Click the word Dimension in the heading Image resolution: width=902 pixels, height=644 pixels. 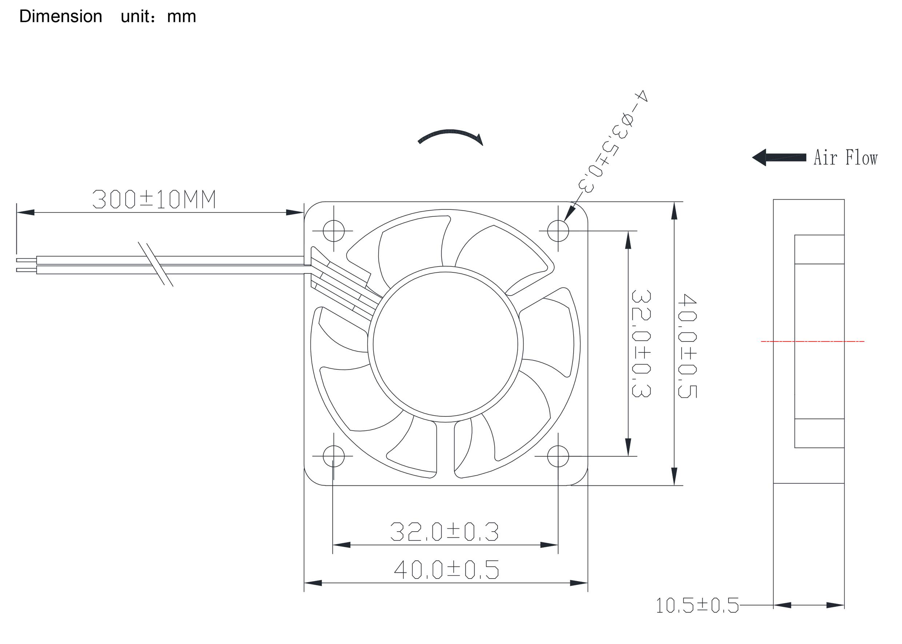tap(61, 17)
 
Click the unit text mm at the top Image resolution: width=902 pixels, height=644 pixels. tap(181, 17)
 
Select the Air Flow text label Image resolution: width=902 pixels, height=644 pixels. tap(845, 158)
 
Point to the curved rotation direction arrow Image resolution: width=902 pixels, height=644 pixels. tap(450, 136)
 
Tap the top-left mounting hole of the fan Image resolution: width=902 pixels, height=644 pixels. tap(333, 231)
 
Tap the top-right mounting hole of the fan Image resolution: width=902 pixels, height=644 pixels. tap(558, 231)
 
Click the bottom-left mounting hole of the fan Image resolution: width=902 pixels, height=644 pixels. tap(333, 456)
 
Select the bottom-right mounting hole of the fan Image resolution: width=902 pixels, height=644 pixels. tap(558, 456)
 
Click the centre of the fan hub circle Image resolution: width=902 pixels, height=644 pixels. tap(445, 344)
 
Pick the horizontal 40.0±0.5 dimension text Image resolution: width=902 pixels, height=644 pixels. tap(446, 570)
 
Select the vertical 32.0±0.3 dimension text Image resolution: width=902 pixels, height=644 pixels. tap(640, 343)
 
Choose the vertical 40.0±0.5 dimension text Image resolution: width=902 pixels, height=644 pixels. tap(687, 345)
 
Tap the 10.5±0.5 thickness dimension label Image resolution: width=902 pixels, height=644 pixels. tap(697, 605)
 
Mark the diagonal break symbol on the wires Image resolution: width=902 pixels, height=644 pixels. tap(156, 264)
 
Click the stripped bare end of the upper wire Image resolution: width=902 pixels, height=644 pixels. tap(26, 260)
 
